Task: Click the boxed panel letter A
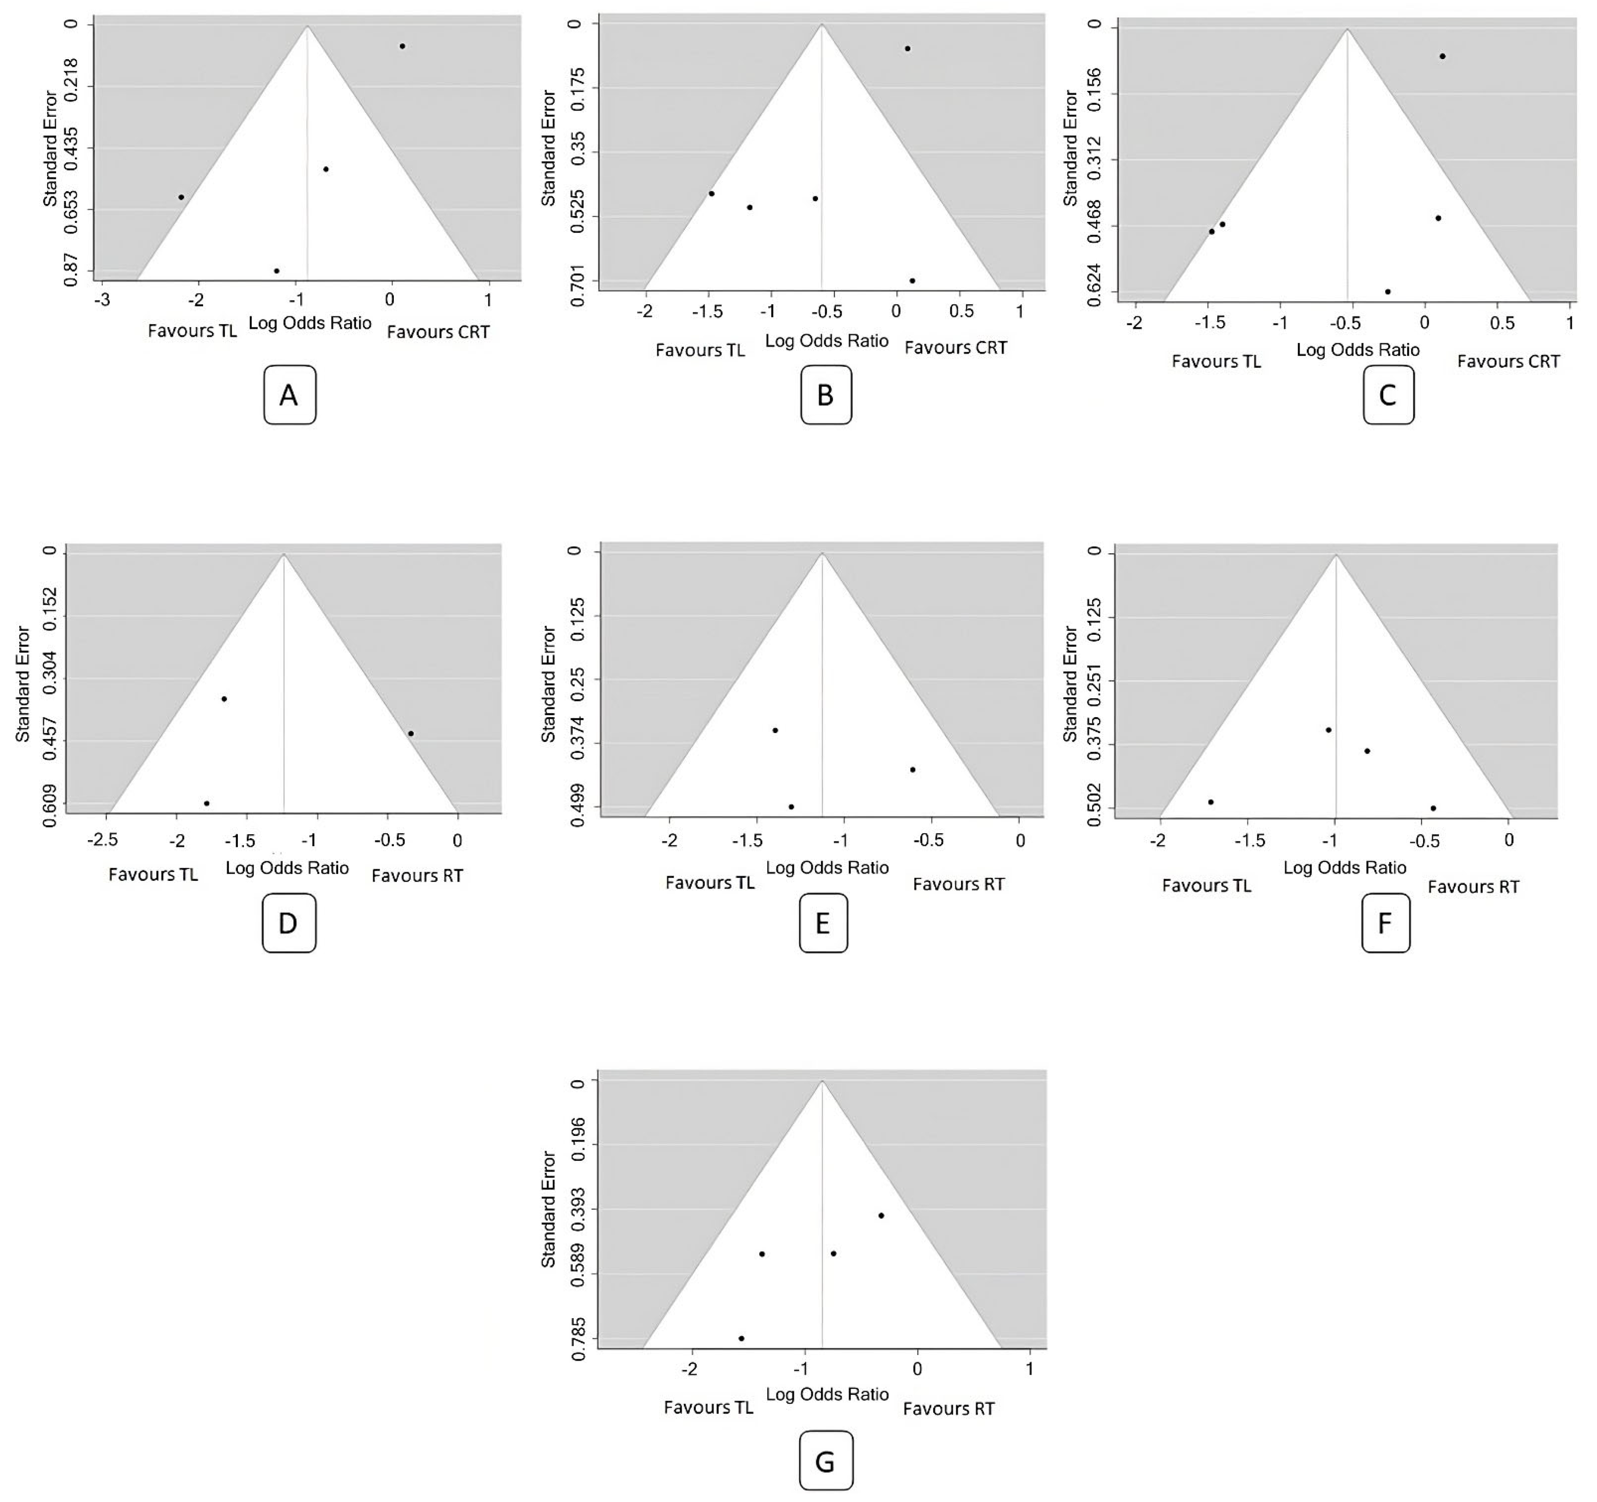(289, 395)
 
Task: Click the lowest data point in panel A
(276, 271)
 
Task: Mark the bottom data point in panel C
(1387, 292)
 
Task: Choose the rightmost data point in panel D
(410, 733)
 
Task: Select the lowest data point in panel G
(741, 1338)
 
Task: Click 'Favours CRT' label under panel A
(438, 332)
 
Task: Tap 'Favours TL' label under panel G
(709, 1408)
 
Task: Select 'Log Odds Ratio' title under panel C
(1357, 350)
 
